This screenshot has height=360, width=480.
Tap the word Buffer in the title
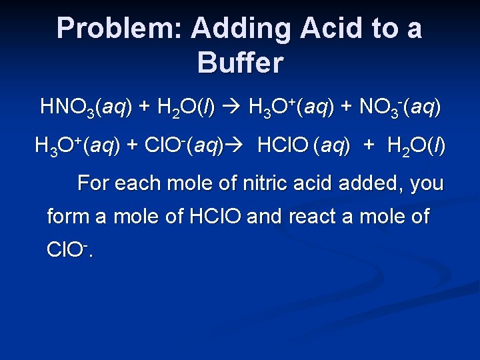(240, 63)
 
